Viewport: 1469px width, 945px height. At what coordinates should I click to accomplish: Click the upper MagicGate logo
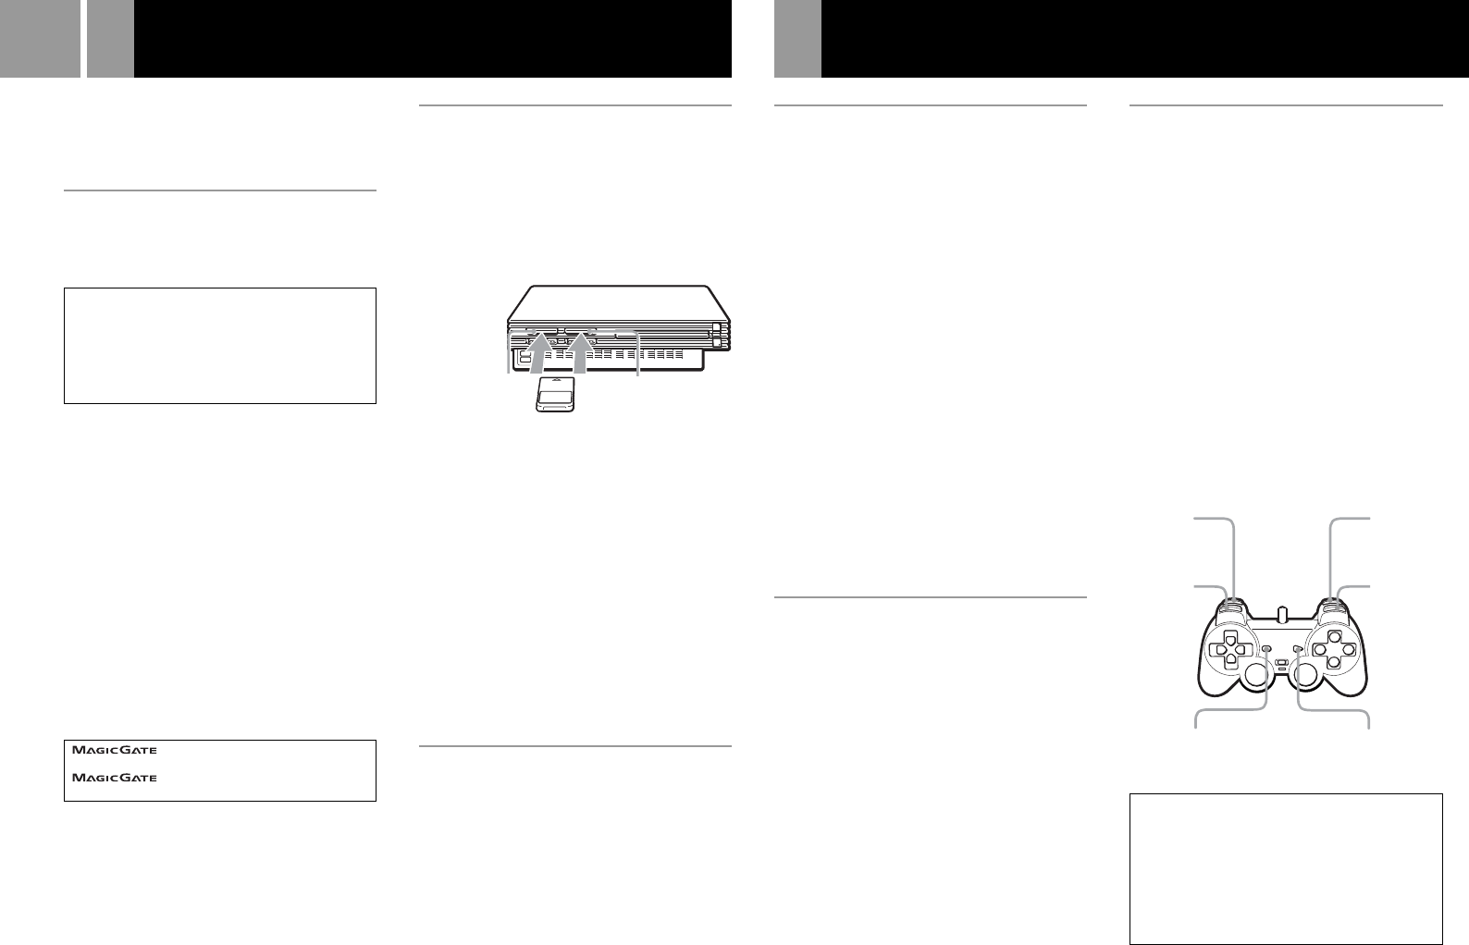tap(115, 751)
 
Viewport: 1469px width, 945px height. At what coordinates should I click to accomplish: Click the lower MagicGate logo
tap(115, 779)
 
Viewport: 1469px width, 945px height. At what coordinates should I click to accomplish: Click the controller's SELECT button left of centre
tap(1266, 649)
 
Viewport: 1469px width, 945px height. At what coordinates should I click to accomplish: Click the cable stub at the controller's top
tap(1281, 613)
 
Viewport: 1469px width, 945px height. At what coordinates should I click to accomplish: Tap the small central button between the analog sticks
tap(1281, 664)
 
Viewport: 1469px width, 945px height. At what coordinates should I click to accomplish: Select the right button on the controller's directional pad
tap(1241, 649)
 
